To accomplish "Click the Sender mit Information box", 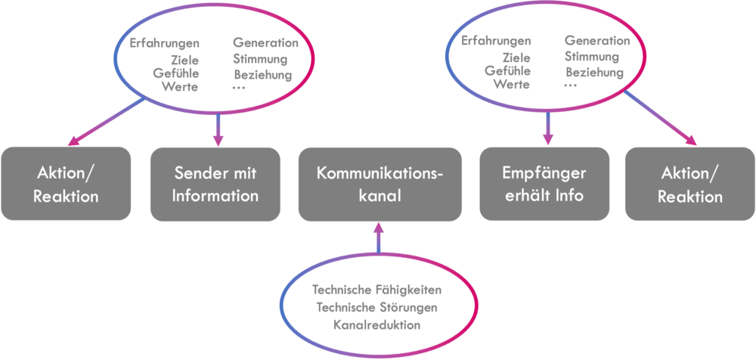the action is coord(215,184).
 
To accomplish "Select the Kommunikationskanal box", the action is coord(380,184).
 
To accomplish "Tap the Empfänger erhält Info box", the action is coord(544,184).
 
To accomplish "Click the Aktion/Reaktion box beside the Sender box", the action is coord(66,184).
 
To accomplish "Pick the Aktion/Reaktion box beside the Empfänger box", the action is coord(690,184).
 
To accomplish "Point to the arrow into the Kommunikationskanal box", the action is coord(379,237).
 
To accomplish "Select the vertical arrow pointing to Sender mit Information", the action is coord(218,129).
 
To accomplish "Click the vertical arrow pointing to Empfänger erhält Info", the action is coord(548,128).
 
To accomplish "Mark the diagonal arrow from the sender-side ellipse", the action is coord(107,122).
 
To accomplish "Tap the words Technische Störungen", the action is coord(376,307).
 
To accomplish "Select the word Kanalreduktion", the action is coord(376,324).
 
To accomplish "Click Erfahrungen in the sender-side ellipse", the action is coord(164,43).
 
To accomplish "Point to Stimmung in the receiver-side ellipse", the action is coord(592,57).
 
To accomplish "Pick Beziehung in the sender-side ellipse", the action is coord(263,76).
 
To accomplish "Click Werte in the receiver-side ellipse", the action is coord(512,85).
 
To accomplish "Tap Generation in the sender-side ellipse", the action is coord(265,43).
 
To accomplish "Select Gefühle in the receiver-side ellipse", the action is coord(508,70).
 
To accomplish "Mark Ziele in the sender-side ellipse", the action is coord(185,61).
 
